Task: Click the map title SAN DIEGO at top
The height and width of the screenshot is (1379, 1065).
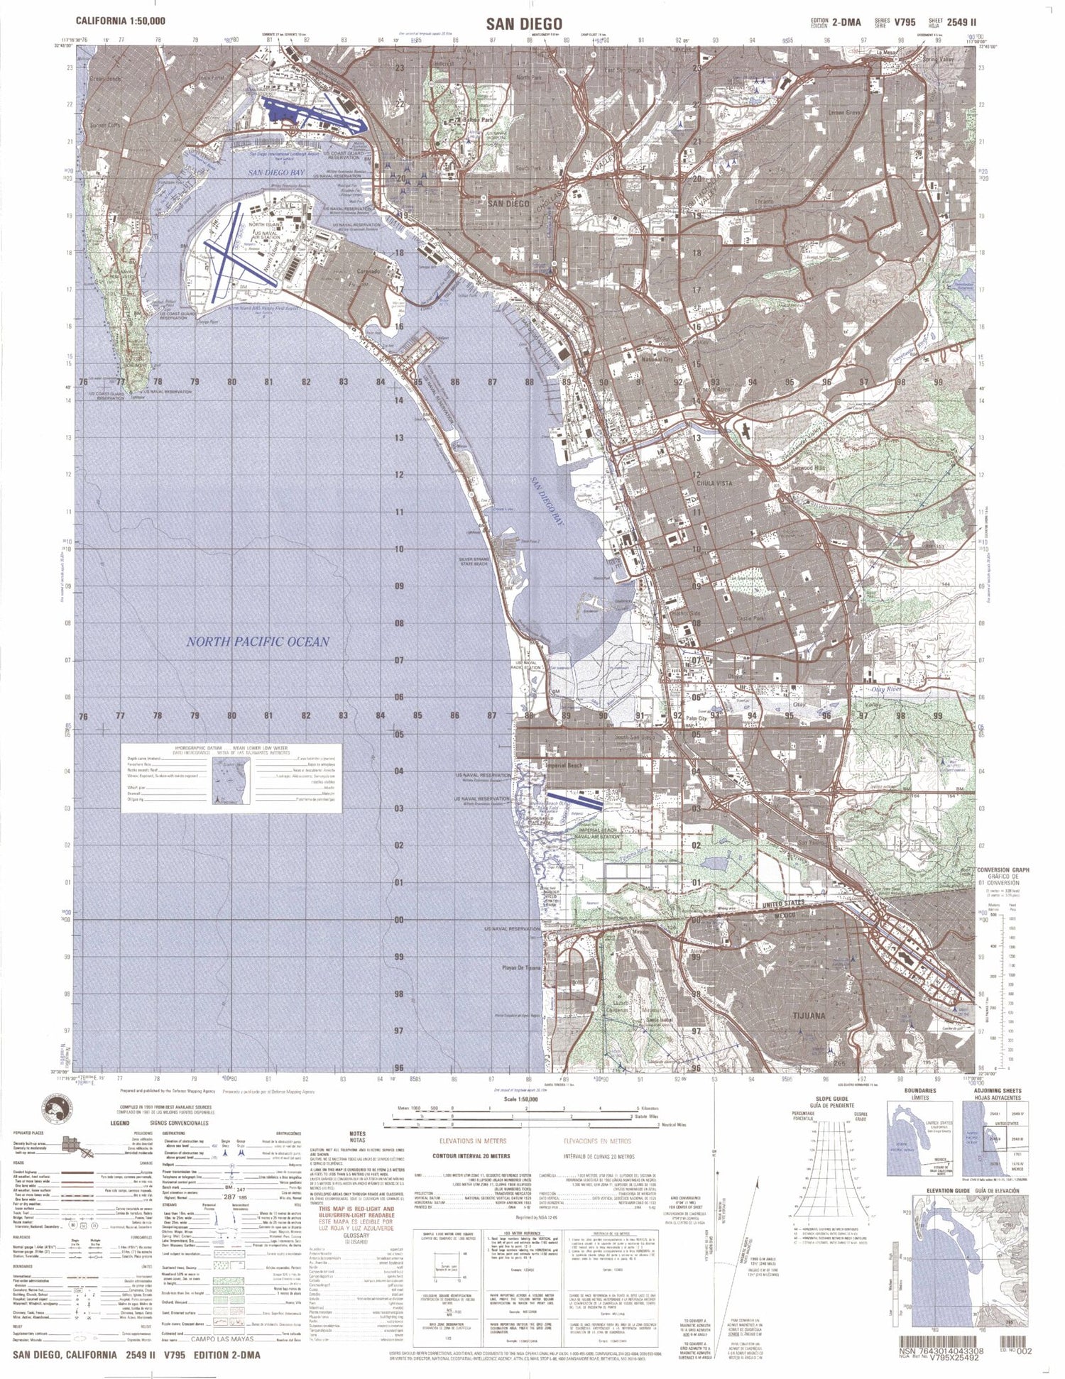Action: [x=524, y=23]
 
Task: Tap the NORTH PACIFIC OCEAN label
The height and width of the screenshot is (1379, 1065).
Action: [x=258, y=642]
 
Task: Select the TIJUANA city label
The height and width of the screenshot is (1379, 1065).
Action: [x=808, y=1016]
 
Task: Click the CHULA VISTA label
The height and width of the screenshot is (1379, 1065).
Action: [x=714, y=483]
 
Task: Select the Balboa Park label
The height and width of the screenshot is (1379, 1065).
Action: [x=476, y=121]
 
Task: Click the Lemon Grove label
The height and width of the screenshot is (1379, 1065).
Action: [x=843, y=113]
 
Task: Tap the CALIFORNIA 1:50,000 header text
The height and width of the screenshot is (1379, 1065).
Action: [x=121, y=22]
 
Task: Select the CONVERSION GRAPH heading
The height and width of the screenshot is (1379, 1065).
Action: [x=1003, y=870]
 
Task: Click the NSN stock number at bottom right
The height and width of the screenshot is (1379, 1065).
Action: [x=941, y=1352]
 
